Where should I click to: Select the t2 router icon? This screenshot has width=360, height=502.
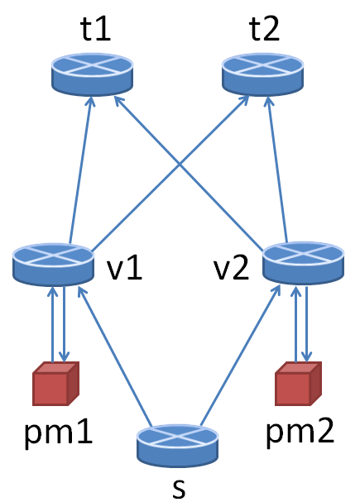point(260,74)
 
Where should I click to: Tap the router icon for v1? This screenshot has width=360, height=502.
point(53,264)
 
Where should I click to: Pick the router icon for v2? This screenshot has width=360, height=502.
point(302,264)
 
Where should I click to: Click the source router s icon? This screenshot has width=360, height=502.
point(177,444)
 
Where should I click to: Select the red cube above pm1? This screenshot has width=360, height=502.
point(55,384)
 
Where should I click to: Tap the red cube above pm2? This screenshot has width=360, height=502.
point(297,384)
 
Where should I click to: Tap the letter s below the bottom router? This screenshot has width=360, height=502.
point(178,486)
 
